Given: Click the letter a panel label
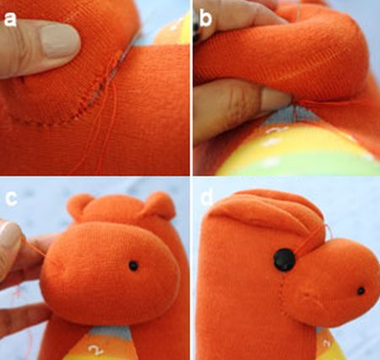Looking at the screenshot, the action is pyautogui.click(x=10, y=19).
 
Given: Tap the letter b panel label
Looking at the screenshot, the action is pyautogui.click(x=205, y=19).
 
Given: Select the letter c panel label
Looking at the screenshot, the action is pyautogui.click(x=12, y=198).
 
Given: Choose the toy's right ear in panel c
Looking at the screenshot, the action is pyautogui.click(x=159, y=205).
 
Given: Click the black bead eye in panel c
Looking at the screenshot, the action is pyautogui.click(x=133, y=265).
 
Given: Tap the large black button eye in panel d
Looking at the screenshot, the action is pyautogui.click(x=285, y=260).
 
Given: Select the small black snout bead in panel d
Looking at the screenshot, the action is pyautogui.click(x=361, y=291).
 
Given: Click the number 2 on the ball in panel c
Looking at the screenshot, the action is pyautogui.click(x=95, y=350).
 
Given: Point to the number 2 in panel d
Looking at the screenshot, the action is pyautogui.click(x=327, y=342).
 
